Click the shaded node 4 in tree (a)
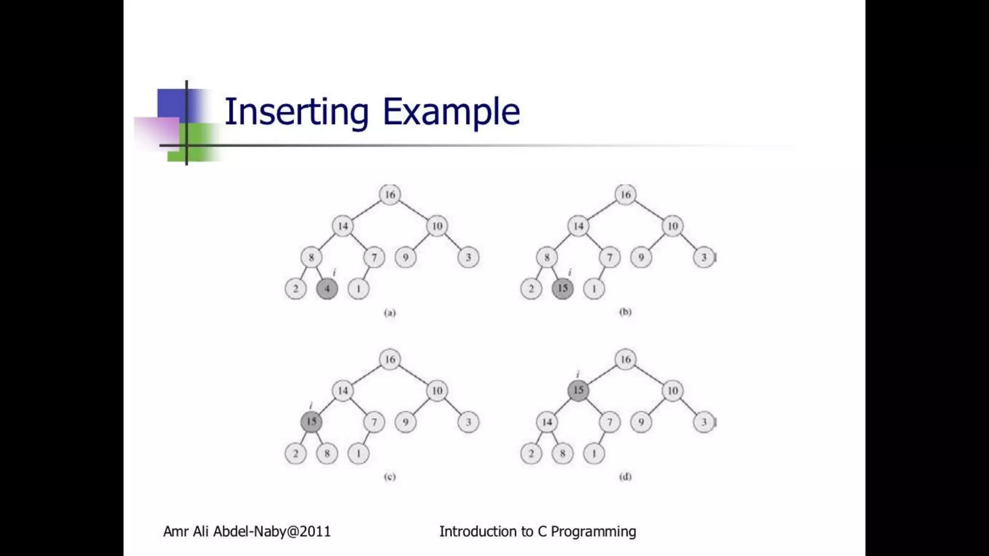(327, 289)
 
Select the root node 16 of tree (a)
(390, 195)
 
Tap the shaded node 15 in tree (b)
(563, 289)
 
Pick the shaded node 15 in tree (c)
(311, 422)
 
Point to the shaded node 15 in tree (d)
(579, 390)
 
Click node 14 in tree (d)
(547, 422)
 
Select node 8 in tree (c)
(327, 454)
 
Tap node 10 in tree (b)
(673, 226)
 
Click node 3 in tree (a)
(468, 257)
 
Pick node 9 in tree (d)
(641, 422)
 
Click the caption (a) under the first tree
(390, 313)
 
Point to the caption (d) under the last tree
(625, 477)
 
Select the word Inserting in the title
(297, 112)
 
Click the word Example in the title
(451, 112)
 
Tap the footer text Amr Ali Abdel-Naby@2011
(247, 531)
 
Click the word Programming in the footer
(593, 531)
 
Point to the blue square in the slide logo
(171, 103)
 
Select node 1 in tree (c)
(358, 454)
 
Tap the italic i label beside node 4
(334, 273)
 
